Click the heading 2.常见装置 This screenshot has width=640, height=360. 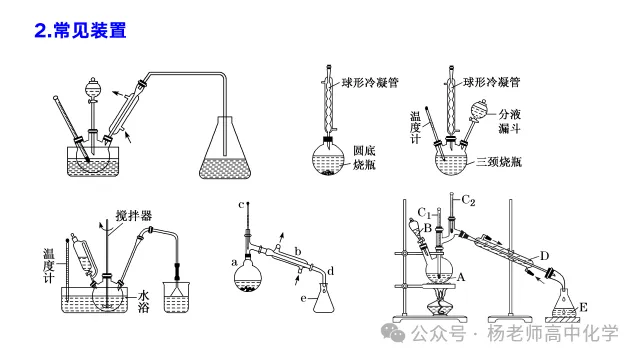[80, 31]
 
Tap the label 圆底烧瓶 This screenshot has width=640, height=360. [364, 158]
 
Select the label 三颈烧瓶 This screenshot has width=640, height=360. [499, 162]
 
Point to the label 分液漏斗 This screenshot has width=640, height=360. [509, 121]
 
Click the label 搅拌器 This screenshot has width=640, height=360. [133, 216]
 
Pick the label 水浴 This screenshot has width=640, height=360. [143, 301]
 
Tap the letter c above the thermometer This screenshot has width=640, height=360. [241, 204]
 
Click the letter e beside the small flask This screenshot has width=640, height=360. [303, 298]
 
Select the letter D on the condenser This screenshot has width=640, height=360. [544, 256]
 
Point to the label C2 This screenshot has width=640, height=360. [468, 200]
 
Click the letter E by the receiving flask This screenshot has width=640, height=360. [583, 307]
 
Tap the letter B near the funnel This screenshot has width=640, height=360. [427, 228]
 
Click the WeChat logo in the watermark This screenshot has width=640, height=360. [393, 333]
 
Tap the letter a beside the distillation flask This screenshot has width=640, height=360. [234, 262]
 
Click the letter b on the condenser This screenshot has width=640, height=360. [298, 251]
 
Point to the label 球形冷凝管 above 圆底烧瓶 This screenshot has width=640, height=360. [370, 83]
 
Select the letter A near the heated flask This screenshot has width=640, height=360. [460, 278]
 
